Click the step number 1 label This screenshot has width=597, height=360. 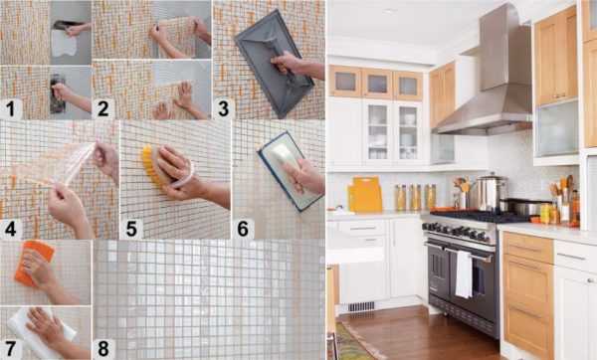click(x=10, y=108)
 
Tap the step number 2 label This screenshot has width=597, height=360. click(x=102, y=108)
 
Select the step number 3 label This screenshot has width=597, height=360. click(x=223, y=108)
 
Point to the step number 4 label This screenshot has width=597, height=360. click(x=10, y=229)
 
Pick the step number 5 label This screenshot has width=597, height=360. click(x=131, y=229)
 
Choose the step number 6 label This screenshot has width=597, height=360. click(x=243, y=229)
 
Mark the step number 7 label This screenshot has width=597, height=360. click(x=10, y=349)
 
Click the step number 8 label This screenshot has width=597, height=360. click(x=103, y=349)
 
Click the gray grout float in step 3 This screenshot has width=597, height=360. click(x=274, y=63)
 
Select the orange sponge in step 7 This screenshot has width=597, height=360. click(x=34, y=263)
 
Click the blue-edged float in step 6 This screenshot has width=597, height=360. click(x=290, y=171)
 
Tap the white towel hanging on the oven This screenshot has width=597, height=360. click(x=464, y=274)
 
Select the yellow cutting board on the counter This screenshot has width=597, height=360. click(x=365, y=194)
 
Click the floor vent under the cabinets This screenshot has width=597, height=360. click(x=361, y=306)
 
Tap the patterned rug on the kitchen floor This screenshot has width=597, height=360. click(x=352, y=343)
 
